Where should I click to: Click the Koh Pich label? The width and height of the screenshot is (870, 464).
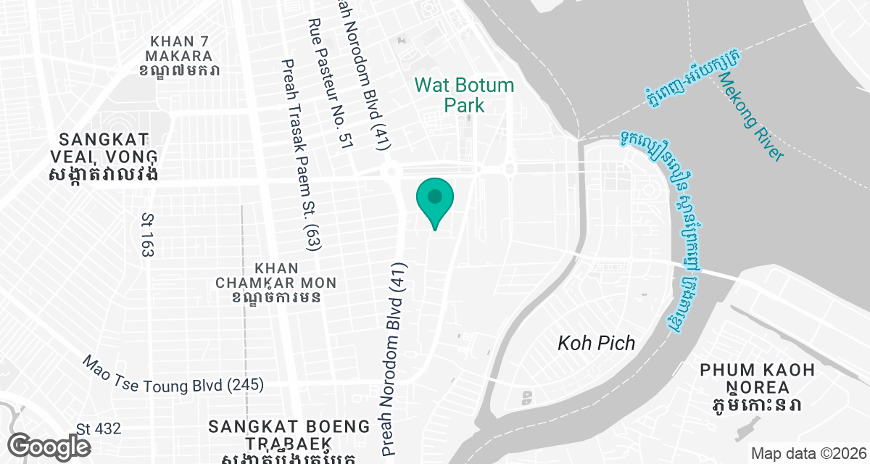596,343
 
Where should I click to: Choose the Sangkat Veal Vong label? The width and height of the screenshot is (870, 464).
104,157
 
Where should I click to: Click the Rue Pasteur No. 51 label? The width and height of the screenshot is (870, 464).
330,84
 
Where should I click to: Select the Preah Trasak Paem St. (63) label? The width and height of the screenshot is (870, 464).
301,155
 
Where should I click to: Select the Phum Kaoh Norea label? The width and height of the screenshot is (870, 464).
757,386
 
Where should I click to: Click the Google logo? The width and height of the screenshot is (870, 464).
49,446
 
